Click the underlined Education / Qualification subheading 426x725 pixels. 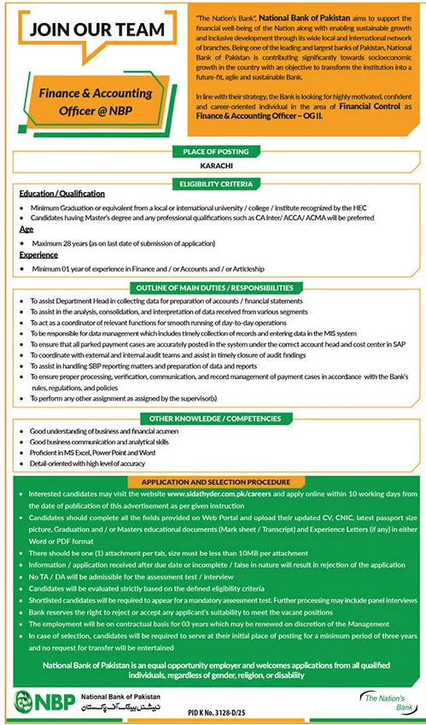click(x=62, y=195)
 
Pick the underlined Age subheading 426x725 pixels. click(x=26, y=230)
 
